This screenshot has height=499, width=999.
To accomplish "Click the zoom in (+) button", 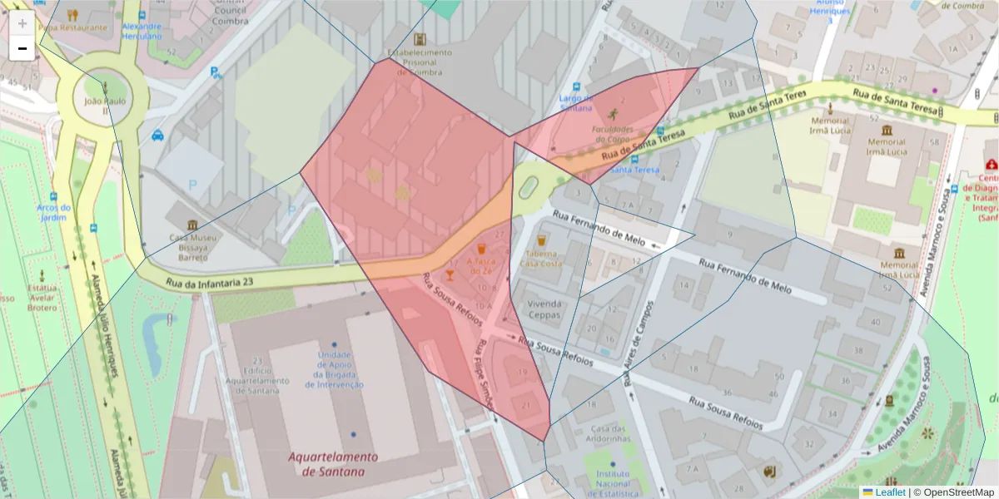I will pos(22,23).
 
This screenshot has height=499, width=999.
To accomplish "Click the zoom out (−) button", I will pos(22,48).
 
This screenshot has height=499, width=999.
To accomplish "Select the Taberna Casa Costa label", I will pos(541,258).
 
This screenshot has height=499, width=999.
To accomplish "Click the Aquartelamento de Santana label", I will pos(333,464).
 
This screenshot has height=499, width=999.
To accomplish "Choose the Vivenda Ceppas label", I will pos(544,309).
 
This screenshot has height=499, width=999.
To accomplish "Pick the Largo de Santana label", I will pos(575,102).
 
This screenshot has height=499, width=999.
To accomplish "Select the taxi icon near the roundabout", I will pos(158,135).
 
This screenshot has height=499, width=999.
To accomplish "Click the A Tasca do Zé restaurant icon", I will pos(481,248).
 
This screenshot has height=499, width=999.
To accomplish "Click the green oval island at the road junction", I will pos(528,188).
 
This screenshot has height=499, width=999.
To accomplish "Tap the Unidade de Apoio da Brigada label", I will pos(334,369).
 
